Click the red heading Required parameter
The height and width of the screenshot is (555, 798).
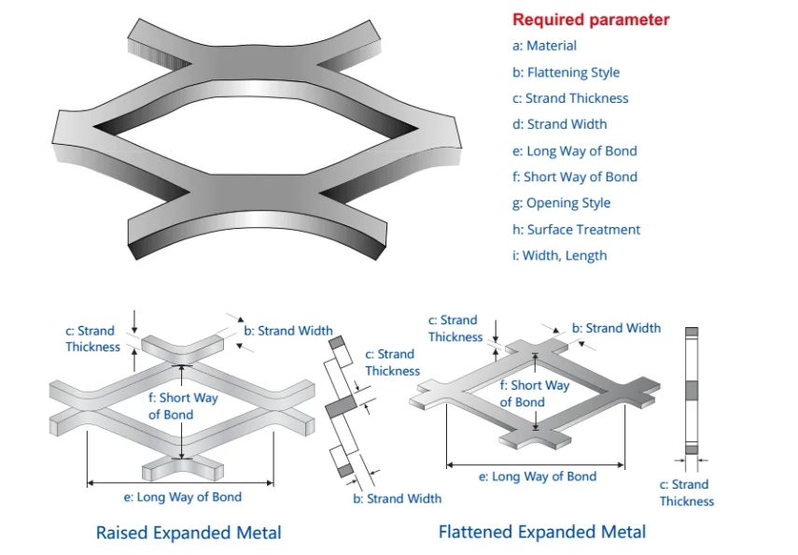click(591, 20)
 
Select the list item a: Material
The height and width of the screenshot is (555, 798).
click(544, 46)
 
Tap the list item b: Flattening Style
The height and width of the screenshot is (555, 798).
click(566, 72)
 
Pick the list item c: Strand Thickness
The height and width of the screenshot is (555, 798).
click(570, 98)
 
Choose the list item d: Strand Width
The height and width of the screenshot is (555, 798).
click(559, 124)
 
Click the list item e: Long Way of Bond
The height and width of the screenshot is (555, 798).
click(575, 150)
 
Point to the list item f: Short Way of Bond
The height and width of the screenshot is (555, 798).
click(575, 177)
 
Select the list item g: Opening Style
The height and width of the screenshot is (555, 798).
click(561, 203)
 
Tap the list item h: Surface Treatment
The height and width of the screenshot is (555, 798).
click(576, 230)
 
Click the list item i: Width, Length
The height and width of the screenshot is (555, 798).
click(559, 256)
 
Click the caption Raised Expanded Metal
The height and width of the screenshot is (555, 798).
click(189, 533)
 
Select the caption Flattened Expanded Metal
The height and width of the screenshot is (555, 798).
click(542, 532)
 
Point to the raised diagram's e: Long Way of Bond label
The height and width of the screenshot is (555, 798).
click(183, 497)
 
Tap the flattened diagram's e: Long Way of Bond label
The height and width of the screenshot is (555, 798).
click(538, 477)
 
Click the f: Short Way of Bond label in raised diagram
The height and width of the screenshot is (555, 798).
click(183, 406)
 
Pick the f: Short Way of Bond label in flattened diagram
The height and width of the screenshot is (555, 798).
click(535, 393)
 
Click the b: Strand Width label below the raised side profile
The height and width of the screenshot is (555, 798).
click(398, 498)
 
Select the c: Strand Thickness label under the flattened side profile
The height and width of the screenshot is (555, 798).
click(687, 492)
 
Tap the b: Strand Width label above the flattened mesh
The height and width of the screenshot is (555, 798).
click(616, 328)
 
